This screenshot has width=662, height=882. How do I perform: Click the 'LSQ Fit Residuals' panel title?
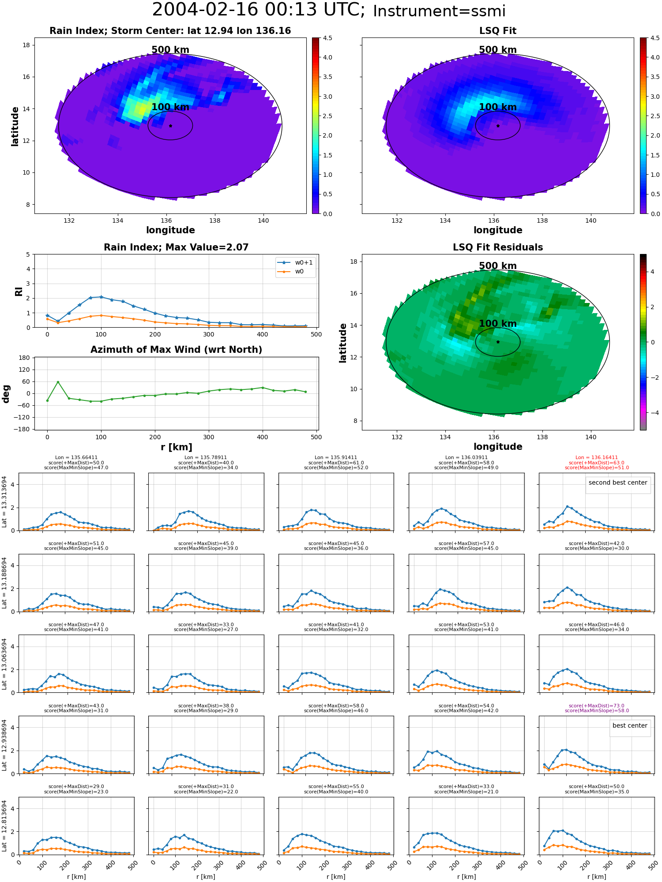coord(498,247)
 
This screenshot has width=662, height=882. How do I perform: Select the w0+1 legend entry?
coord(296,263)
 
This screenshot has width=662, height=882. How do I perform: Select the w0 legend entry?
coord(291,272)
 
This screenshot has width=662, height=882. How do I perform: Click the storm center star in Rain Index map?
coord(170,126)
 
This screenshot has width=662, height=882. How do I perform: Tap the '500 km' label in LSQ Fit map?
coord(498,50)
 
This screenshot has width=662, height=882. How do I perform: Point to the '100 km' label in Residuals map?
coord(498,323)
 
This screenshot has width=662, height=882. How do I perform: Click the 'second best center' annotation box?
coord(618,483)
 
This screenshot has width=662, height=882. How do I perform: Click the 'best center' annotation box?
coord(630,725)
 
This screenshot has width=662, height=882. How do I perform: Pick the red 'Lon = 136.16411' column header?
coord(597,458)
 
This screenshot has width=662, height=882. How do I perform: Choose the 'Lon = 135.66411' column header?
coord(76,458)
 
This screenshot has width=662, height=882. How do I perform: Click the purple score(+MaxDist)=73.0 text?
coord(597,706)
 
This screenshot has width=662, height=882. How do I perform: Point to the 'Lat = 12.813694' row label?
coord(5,826)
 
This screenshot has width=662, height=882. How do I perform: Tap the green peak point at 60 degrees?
coord(58,382)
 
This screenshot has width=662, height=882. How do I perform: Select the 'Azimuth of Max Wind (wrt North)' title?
coord(177,350)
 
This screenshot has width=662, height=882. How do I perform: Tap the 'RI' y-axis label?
coord(19,291)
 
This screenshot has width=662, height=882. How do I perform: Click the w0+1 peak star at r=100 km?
coord(101,297)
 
